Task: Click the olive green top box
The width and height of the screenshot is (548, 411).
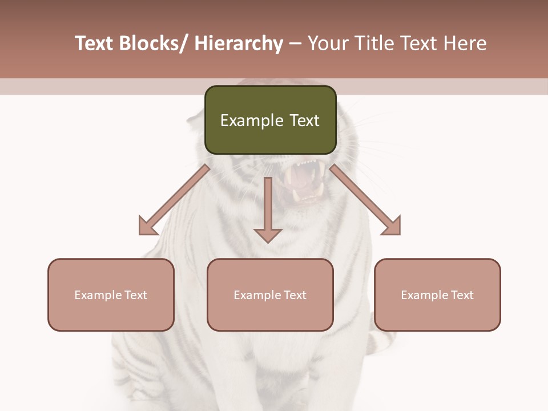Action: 270,120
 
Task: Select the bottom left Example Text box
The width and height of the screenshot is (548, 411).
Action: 111,295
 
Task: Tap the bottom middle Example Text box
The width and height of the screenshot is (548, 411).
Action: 270,295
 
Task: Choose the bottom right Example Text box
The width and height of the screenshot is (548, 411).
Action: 437,295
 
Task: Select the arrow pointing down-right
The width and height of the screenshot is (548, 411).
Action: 365,200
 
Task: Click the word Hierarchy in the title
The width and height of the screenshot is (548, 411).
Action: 239,44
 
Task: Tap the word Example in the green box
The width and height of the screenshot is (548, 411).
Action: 252,120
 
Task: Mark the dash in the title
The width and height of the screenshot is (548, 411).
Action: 295,44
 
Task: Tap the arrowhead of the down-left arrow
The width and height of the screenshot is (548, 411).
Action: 148,226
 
